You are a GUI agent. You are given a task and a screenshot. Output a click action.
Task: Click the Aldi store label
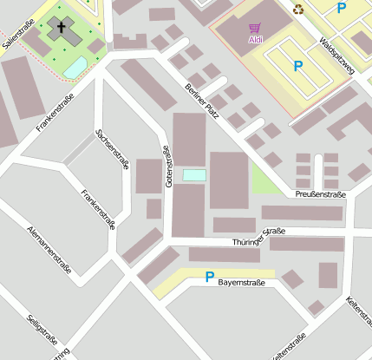[x=257, y=40]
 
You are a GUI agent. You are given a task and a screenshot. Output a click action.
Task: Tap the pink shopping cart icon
[x=255, y=29]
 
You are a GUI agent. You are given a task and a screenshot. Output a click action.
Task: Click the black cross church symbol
[x=62, y=28]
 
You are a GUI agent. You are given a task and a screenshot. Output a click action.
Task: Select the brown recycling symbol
[x=298, y=10]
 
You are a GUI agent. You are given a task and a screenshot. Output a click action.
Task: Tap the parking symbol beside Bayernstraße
[x=208, y=278]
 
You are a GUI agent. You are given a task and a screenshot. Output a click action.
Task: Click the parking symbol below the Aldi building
[x=298, y=66]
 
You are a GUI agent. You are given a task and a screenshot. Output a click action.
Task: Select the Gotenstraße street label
[x=168, y=165]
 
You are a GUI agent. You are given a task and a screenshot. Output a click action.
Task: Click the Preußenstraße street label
[x=320, y=194]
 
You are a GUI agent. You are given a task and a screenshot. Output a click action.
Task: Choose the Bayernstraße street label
[x=241, y=283]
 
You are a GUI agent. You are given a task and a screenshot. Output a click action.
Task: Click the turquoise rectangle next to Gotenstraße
[x=194, y=175]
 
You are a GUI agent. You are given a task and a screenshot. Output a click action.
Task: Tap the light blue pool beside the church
[x=75, y=66]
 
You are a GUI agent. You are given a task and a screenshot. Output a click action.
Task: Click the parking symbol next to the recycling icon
[x=341, y=8]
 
